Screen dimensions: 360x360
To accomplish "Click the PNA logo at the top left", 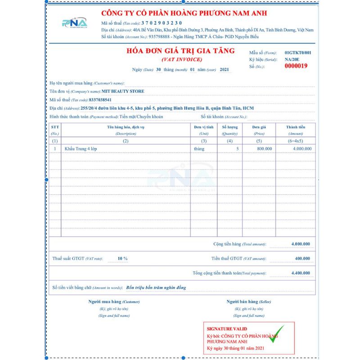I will coord(74,23).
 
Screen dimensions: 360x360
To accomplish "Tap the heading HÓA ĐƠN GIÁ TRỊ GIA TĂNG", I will coord(181,51).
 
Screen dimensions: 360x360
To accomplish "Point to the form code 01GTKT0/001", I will coord(298,53).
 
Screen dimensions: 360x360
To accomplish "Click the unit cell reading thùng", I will coord(199,148).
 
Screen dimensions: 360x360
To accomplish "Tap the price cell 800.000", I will coord(264,148).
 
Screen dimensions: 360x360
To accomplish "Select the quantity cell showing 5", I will coord(237,148).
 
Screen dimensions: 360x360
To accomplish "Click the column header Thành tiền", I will coord(295,127).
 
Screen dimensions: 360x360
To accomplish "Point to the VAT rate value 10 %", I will coord(122,259).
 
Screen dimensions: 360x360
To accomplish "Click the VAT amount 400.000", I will coord(302,259).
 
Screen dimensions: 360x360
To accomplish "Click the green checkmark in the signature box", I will coord(275,333).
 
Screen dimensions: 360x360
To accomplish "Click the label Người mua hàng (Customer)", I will coord(114,301).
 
